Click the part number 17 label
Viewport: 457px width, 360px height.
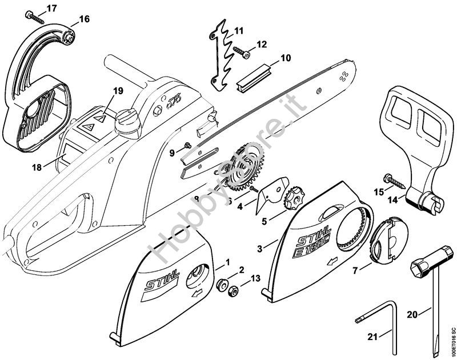point(51,8)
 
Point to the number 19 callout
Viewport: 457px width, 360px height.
point(118,90)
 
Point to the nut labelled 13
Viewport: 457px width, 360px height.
point(232,293)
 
